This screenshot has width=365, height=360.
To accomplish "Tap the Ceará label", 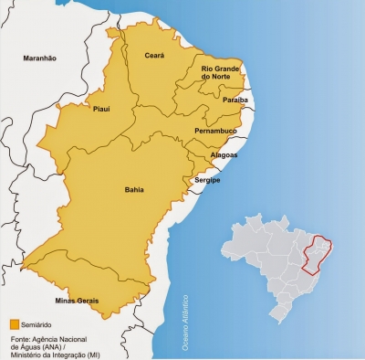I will (154, 56).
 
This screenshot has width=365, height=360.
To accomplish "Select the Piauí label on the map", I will (101, 109).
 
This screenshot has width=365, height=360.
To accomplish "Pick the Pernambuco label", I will (216, 132).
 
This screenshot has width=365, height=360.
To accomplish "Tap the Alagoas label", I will (224, 155).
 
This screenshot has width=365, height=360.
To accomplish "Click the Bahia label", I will (133, 192).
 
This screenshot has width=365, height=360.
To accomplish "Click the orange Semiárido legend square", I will (14, 323).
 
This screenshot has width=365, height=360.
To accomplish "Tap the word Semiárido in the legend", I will (36, 323).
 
